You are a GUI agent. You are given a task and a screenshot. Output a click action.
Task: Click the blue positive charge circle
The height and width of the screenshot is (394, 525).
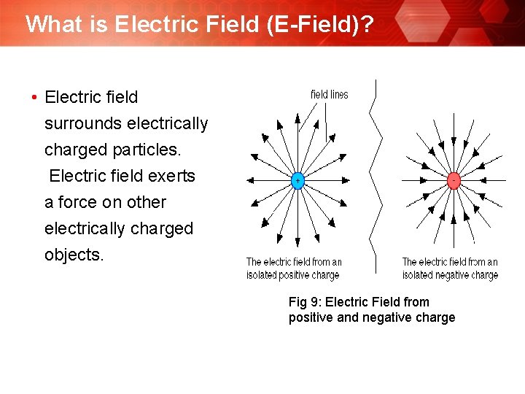point(297,180)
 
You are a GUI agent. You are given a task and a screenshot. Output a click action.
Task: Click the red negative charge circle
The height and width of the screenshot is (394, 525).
point(454,180)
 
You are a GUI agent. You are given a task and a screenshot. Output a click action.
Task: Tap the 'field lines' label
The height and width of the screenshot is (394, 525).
point(330,94)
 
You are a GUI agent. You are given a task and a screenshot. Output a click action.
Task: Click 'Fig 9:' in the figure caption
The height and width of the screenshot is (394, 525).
point(306,302)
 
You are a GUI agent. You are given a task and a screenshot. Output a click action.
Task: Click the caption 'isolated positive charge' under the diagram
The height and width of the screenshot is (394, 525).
point(293,275)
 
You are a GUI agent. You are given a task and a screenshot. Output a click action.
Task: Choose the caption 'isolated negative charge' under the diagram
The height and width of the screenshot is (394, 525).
point(450,275)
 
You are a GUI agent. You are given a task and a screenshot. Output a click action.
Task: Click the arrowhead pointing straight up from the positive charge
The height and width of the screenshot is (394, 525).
point(297,117)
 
